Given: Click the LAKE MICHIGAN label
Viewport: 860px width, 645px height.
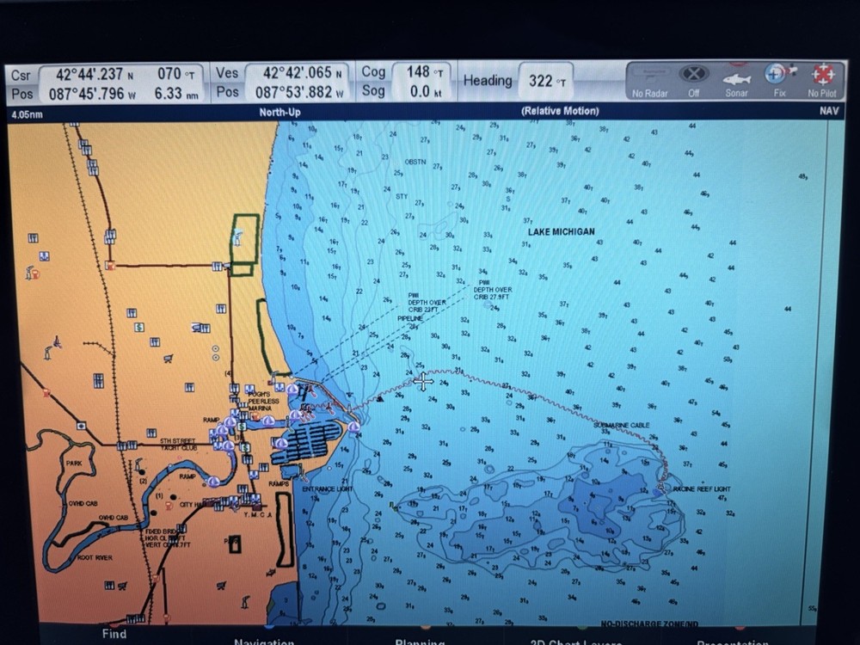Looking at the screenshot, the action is point(561,232).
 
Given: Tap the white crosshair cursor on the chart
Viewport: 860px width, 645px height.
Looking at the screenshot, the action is point(423,381).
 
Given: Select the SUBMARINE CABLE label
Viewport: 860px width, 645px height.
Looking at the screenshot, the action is point(622,426).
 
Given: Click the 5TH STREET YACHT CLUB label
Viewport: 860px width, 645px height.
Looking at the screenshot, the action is point(178,445).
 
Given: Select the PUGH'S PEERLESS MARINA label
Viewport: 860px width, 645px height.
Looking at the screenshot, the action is point(264,402).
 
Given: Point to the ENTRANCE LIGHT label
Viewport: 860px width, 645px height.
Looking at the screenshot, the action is point(328,489).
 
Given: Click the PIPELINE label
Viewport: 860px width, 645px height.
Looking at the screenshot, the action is point(410,318).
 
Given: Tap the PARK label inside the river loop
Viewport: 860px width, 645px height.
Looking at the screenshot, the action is point(74,464).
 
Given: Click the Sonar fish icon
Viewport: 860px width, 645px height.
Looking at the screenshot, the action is point(736,79).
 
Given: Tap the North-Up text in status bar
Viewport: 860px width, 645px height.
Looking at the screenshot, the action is point(279,113).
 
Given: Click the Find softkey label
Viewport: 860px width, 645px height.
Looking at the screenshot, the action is point(114,634).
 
